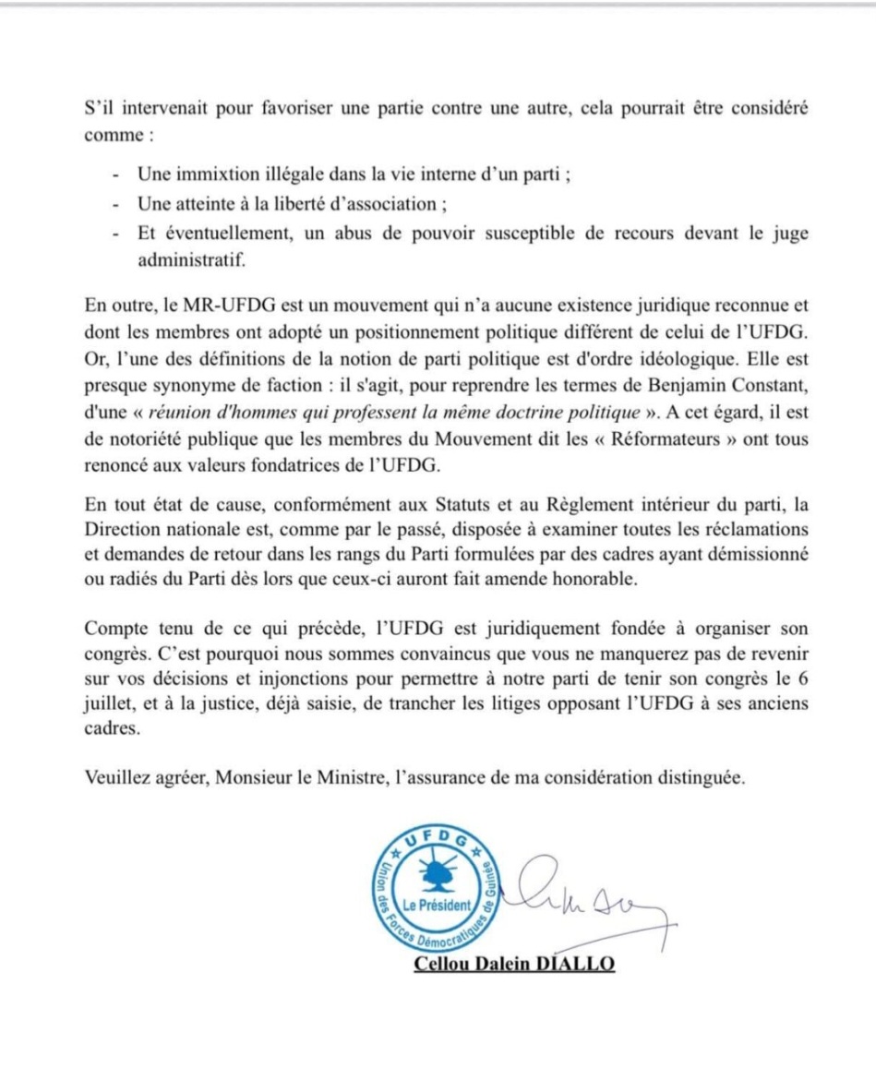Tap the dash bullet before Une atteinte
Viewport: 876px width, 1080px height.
tap(114, 204)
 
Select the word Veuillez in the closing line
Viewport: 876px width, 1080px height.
tap(113, 778)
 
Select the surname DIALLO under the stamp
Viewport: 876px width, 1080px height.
tap(576, 965)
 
